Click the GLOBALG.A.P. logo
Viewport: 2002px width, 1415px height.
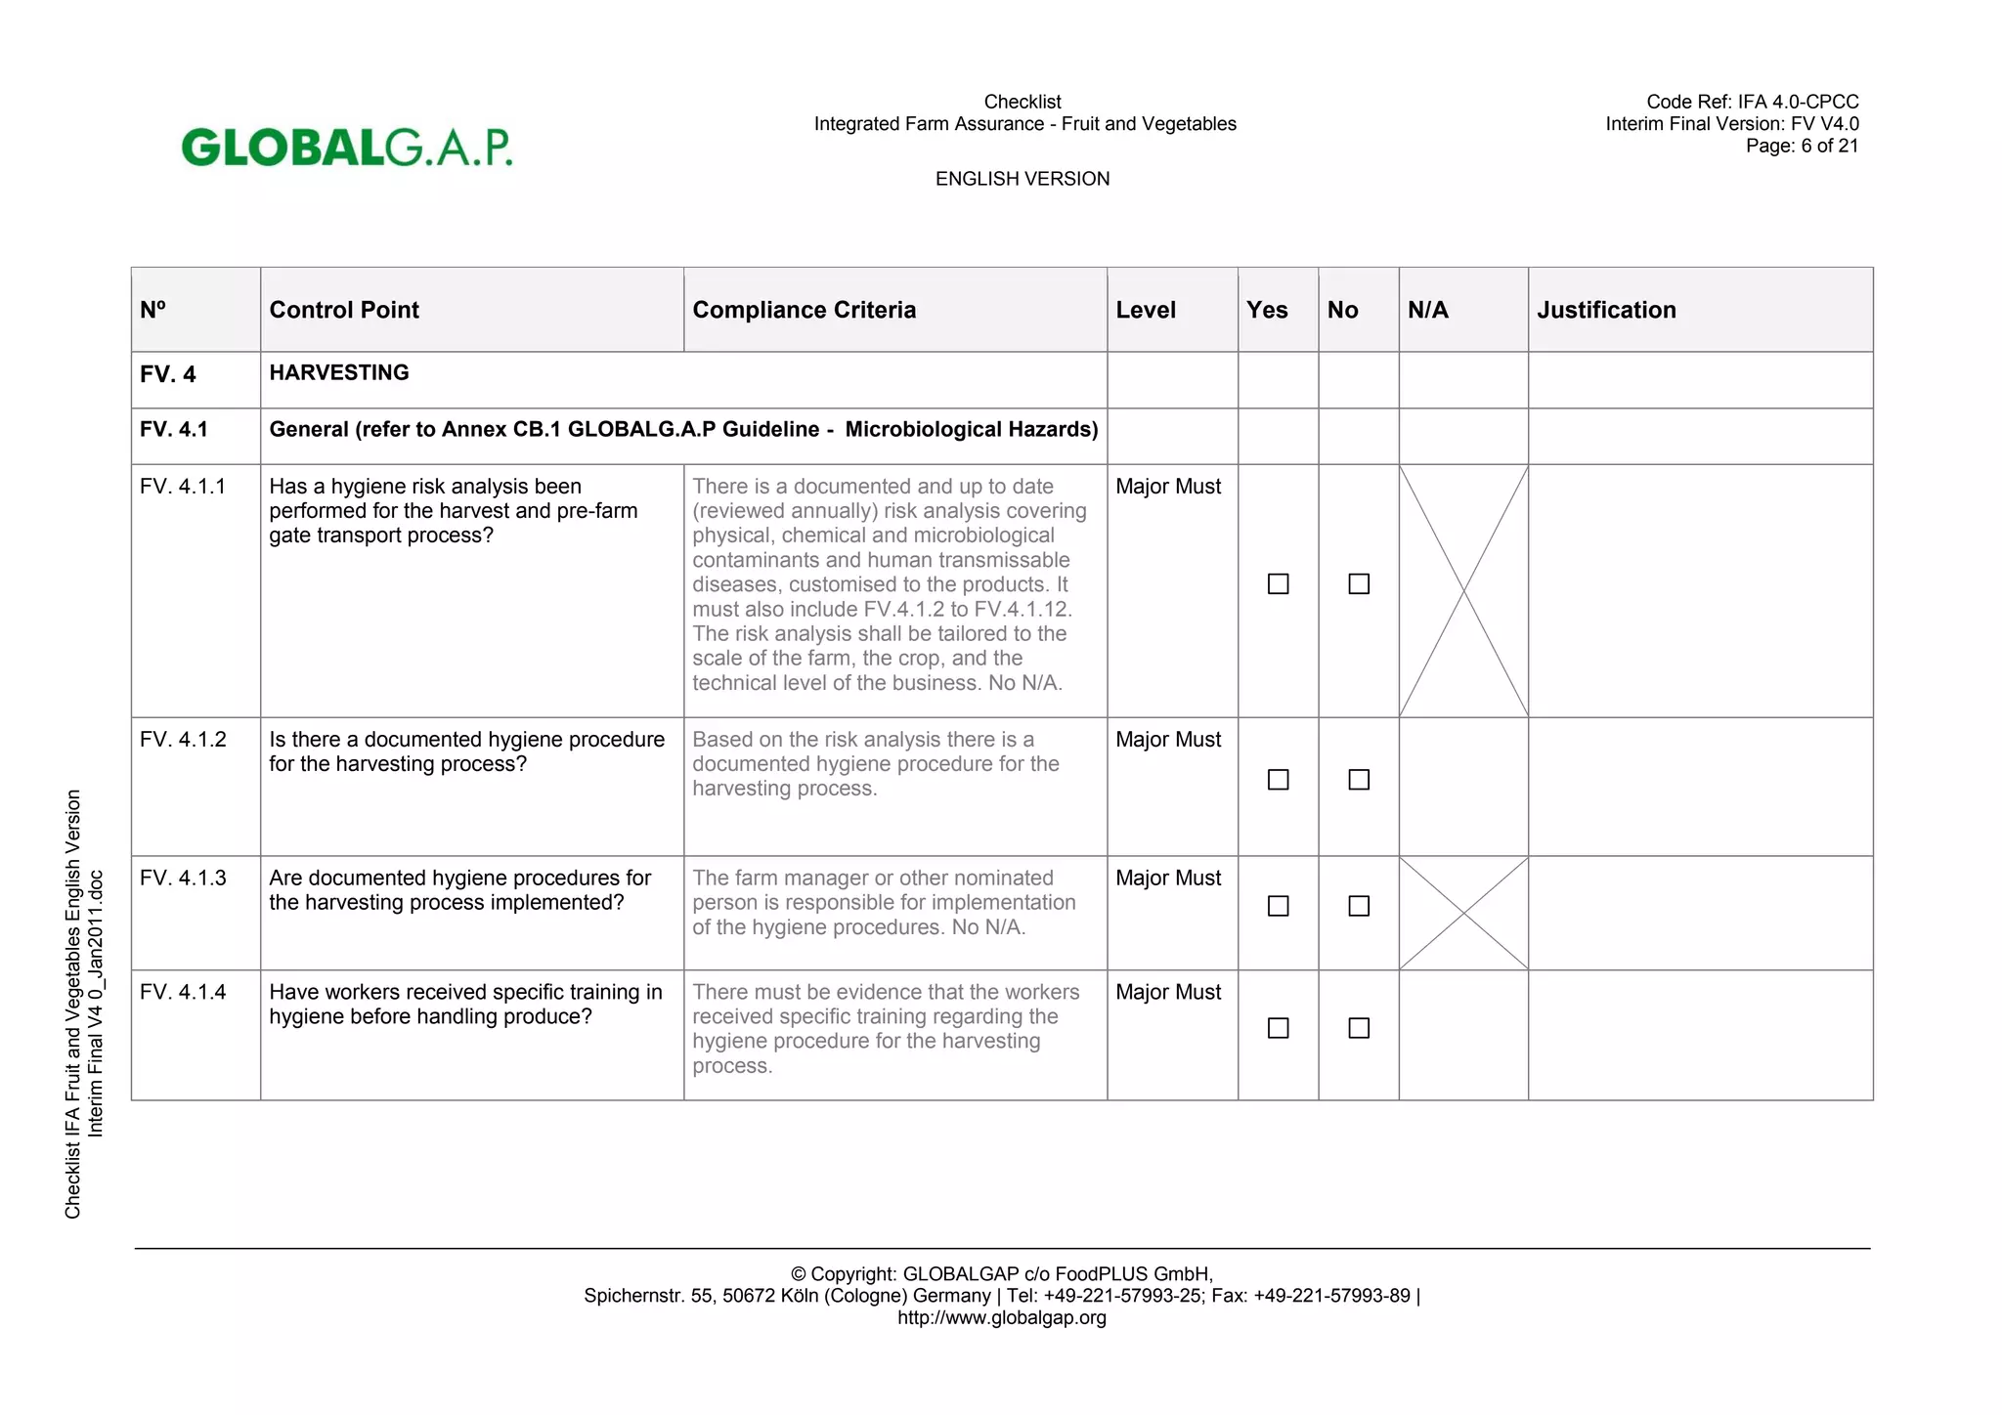click(347, 147)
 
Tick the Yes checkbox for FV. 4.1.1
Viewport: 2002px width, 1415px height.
click(1278, 584)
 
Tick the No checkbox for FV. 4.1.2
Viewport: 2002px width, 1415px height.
click(1359, 780)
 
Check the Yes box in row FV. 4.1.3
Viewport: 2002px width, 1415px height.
click(1278, 906)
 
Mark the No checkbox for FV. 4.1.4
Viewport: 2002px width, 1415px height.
click(1359, 1028)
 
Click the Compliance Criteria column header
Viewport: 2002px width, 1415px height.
click(804, 310)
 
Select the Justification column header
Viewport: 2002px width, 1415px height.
click(1606, 310)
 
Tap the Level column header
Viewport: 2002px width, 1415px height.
click(1146, 310)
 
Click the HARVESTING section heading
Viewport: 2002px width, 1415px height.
click(339, 372)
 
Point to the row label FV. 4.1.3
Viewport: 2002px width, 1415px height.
click(183, 878)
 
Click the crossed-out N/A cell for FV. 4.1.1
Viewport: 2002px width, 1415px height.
click(1463, 590)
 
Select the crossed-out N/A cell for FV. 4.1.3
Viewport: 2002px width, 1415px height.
click(1463, 913)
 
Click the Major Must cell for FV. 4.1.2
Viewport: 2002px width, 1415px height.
click(1168, 740)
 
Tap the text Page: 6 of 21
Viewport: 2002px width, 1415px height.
click(1802, 146)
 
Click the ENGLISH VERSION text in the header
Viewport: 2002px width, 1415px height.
click(1023, 179)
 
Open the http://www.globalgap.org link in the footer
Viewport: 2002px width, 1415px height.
click(1002, 1317)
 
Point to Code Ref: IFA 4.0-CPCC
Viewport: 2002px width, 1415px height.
click(1752, 102)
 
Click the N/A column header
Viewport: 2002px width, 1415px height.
click(1428, 310)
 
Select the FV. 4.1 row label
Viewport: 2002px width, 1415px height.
click(174, 429)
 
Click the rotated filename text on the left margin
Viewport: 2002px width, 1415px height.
click(84, 1004)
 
